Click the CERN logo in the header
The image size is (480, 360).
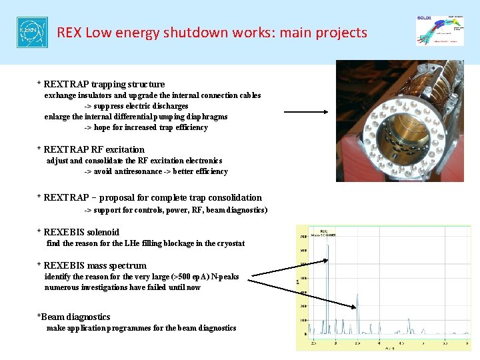(x=32, y=33)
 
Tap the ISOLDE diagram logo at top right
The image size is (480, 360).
(x=440, y=30)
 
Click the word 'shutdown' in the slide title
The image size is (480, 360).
(x=189, y=33)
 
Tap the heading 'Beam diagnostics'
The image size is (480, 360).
(x=74, y=317)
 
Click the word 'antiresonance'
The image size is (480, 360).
(x=138, y=171)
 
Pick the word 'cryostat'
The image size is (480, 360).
(x=229, y=243)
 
